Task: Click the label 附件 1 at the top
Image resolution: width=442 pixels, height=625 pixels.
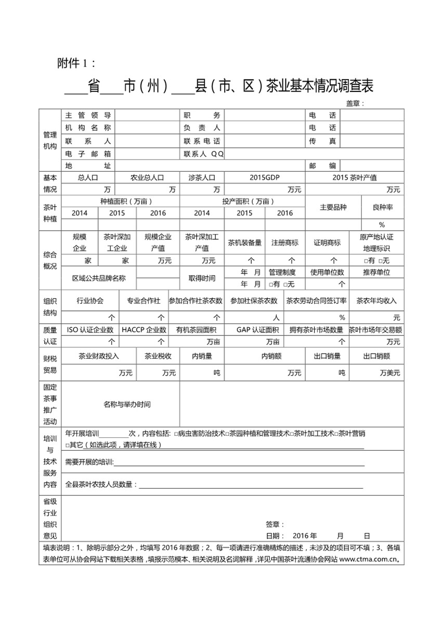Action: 76,63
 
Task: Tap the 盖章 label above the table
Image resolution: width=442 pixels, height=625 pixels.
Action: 355,103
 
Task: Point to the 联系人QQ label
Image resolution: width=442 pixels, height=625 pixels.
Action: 203,154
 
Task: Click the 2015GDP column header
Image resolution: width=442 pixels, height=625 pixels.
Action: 264,177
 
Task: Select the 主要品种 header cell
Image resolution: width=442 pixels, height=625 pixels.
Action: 333,207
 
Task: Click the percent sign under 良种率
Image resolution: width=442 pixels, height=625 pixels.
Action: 382,225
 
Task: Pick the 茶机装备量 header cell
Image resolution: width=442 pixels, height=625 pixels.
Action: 244,242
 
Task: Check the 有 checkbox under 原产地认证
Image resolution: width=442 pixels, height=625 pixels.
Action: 367,261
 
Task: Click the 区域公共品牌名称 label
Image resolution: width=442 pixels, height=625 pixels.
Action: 99,278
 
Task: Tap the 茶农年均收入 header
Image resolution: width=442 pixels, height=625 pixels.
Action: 376,301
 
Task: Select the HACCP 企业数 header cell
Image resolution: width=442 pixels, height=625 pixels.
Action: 144,330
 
